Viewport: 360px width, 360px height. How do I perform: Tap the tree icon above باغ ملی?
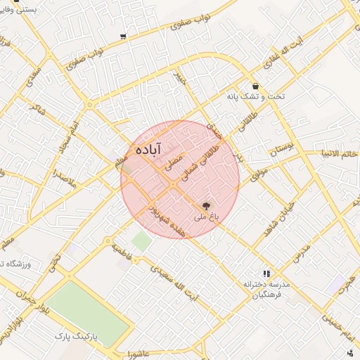205,205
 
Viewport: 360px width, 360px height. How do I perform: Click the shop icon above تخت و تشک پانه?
255,86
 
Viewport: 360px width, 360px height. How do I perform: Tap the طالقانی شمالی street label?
199,163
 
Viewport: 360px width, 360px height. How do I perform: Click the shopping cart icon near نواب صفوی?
124,36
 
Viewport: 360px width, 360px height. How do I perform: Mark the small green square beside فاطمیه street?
142,242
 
